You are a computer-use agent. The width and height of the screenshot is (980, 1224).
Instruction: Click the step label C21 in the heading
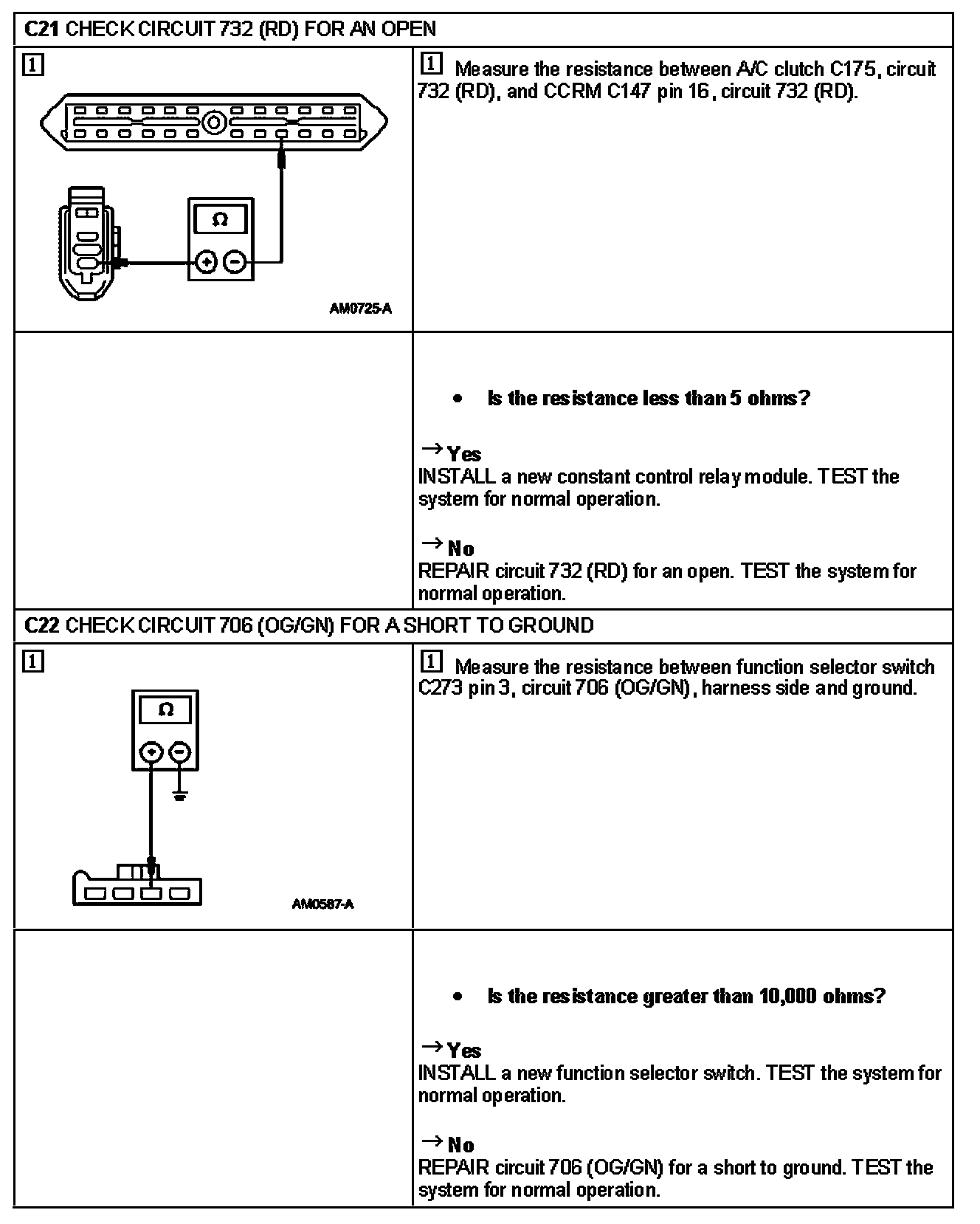(x=42, y=30)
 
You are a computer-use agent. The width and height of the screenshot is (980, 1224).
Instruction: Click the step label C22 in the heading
(x=42, y=626)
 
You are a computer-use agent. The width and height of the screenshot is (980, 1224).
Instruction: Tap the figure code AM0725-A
(x=360, y=309)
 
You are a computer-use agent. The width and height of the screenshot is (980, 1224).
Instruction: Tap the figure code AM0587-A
(x=322, y=904)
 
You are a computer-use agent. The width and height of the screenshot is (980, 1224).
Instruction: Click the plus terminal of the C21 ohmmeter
(x=206, y=261)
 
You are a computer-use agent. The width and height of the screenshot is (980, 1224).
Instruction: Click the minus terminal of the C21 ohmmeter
(x=234, y=261)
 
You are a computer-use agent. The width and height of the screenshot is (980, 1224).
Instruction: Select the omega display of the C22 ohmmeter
(x=166, y=710)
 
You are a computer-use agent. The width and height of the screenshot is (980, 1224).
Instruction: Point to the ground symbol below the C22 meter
(x=180, y=796)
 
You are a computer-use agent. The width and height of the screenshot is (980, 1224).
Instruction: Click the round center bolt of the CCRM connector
(x=214, y=122)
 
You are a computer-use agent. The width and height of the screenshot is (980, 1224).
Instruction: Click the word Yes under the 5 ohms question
(x=463, y=455)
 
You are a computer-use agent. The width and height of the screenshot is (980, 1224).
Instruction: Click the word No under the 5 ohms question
(x=460, y=549)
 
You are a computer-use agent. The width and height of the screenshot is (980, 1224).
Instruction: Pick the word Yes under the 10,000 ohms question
(x=463, y=1051)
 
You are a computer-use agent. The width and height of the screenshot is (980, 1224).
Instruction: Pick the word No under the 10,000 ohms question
(x=460, y=1145)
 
